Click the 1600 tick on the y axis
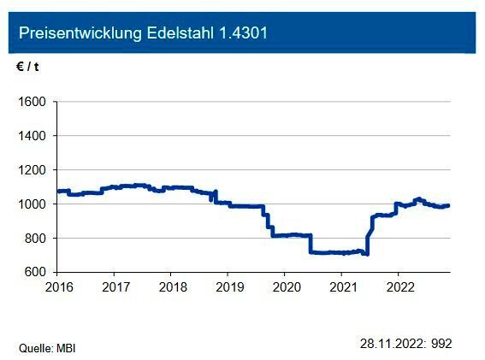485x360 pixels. pos(33,102)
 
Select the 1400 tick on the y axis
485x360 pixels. pos(33,136)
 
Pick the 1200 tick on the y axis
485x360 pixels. pos(33,170)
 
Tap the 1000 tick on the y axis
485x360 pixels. pos(33,204)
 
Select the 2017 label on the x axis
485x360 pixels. pos(115,286)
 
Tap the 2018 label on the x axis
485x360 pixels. pos(172,286)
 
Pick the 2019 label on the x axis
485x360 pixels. pos(228,286)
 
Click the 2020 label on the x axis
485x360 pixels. pos(286,286)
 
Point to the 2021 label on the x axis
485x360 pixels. pos(343,286)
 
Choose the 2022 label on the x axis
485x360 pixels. pos(399,286)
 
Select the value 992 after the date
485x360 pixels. pos(441,344)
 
